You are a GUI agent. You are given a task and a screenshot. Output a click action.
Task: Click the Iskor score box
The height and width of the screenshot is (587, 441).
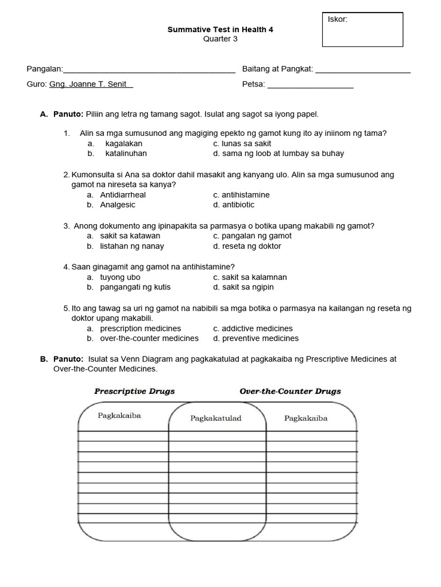tap(362, 29)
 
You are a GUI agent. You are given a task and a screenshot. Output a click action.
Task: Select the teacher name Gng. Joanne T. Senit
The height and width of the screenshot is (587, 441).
tap(91, 84)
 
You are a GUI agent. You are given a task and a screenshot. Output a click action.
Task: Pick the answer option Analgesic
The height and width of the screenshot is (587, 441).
tap(118, 205)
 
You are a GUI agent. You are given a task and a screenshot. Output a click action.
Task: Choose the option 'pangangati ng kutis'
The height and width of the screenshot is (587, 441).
tap(135, 287)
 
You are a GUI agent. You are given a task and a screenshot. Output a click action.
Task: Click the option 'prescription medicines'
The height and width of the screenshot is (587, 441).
tap(141, 328)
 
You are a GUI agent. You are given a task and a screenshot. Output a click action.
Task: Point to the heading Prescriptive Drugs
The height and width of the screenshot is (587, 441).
tap(134, 392)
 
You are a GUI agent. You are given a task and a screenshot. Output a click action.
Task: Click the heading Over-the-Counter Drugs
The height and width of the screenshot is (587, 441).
tap(290, 392)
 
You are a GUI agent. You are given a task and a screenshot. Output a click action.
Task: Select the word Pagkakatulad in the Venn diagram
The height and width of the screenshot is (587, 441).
tap(216, 418)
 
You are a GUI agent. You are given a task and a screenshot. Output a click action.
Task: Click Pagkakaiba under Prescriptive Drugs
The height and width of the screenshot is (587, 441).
tap(119, 416)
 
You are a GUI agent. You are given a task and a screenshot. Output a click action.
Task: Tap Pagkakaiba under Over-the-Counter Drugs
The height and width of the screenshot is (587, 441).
tap(305, 418)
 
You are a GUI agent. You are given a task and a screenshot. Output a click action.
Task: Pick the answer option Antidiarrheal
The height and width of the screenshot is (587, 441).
tap(123, 195)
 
